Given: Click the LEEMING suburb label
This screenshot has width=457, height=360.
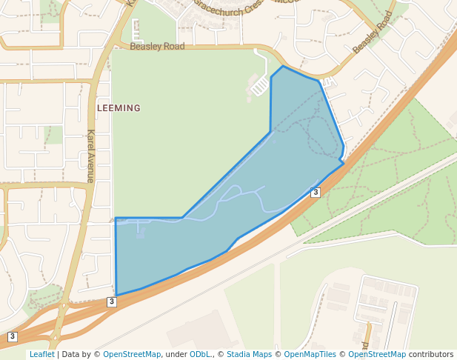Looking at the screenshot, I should point(119,108).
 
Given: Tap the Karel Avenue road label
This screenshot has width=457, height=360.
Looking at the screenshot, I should point(90,156).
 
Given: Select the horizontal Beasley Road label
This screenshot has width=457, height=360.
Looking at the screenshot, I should point(157,46).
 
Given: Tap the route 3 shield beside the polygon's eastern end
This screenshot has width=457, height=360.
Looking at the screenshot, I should point(316,193).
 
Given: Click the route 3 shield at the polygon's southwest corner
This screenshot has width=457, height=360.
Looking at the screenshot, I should point(111,301).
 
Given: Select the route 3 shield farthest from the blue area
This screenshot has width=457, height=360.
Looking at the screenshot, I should point(12,337).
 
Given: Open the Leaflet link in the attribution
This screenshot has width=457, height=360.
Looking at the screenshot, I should point(41,355).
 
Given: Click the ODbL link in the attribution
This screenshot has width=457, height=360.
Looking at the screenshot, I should point(200,355).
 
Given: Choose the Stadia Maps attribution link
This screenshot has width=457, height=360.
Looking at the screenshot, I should point(249,355).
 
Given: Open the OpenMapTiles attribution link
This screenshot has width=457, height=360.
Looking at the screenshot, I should point(310,355).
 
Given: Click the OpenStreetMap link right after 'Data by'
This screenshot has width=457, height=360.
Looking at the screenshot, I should point(132,355).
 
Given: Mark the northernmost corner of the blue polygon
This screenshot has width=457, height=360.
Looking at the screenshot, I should point(282,66).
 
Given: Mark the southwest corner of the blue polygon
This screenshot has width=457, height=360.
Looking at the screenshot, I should point(117,295).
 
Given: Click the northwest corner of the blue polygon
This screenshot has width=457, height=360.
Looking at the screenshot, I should point(116,218).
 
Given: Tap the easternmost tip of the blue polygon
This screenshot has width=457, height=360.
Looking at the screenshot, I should point(344,164).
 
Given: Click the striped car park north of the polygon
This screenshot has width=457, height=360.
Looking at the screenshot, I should point(260,87).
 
